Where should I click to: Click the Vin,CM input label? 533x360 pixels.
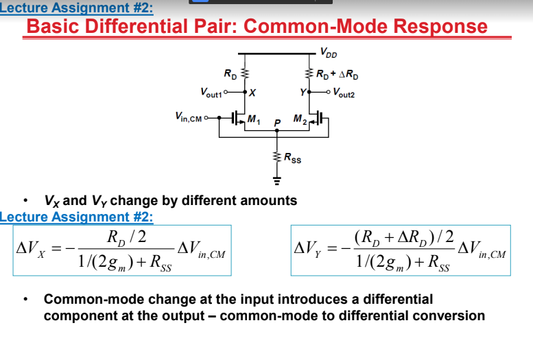click(189, 117)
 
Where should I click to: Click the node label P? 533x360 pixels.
click(276, 125)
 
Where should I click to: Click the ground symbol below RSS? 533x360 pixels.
click(277, 182)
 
